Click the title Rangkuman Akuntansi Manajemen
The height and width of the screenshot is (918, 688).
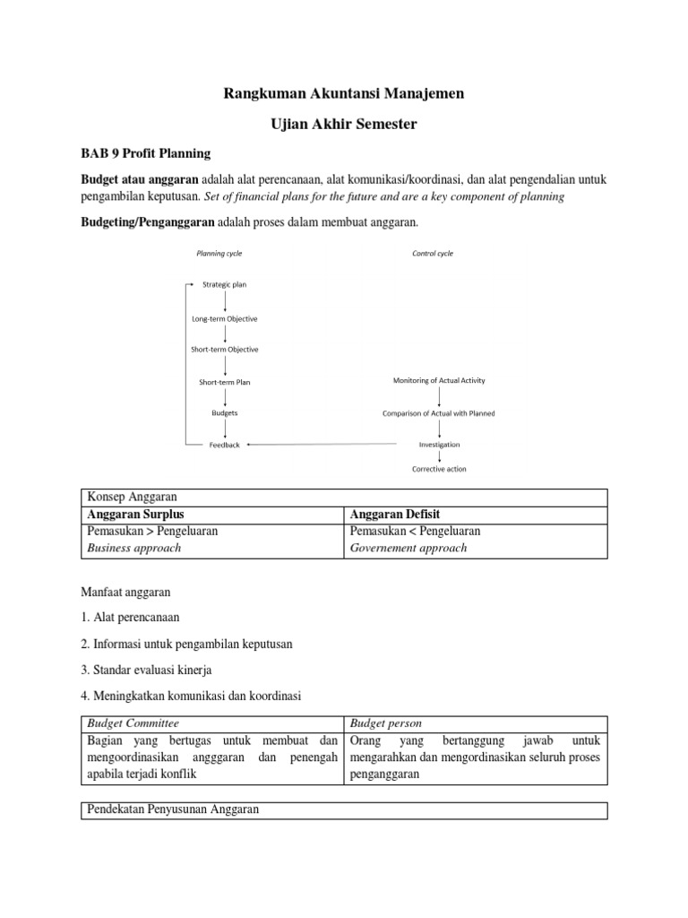[x=343, y=92]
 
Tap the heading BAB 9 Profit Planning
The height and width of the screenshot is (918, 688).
[x=148, y=152]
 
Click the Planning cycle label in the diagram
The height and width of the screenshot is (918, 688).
[x=219, y=254]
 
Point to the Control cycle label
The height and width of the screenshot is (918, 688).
[x=433, y=254]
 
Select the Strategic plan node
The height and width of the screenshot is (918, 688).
[x=225, y=285]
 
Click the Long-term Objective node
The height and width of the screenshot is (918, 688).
[x=225, y=318]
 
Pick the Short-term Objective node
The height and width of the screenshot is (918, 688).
[x=225, y=350]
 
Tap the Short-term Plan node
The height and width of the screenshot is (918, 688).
[x=225, y=382]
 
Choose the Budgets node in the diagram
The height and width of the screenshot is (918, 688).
[x=225, y=413]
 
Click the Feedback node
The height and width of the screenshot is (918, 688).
[x=225, y=445]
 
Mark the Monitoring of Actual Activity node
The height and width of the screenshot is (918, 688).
[x=439, y=381]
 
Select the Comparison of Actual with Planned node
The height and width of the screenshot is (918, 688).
[x=439, y=413]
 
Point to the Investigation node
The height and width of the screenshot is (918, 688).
[x=439, y=445]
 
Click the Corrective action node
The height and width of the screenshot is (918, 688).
[x=439, y=469]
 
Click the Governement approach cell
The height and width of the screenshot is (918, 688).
[x=408, y=548]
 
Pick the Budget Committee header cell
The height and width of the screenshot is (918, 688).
[x=133, y=723]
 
